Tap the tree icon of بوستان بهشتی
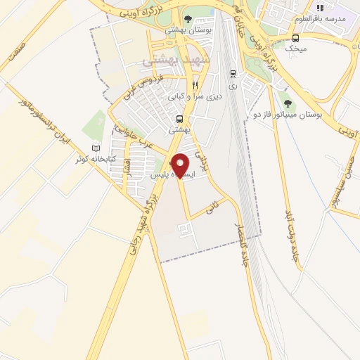[x=186, y=19]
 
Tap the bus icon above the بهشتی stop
[x=180, y=119]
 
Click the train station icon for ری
[x=233, y=73]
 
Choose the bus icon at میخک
[x=295, y=37]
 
